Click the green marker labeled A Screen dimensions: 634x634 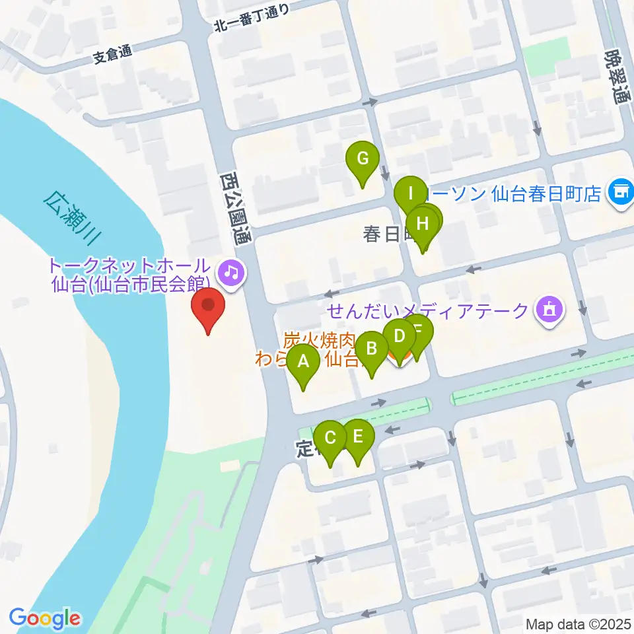[x=303, y=362]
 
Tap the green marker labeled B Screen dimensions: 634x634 [x=372, y=349]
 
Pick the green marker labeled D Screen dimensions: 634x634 [x=398, y=337]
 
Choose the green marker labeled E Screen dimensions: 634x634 [x=358, y=437]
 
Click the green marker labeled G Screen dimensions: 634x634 [x=362, y=160]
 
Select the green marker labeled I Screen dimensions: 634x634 [x=411, y=195]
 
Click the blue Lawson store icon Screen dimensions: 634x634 [x=620, y=193]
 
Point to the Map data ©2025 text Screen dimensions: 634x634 [x=578, y=623]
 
